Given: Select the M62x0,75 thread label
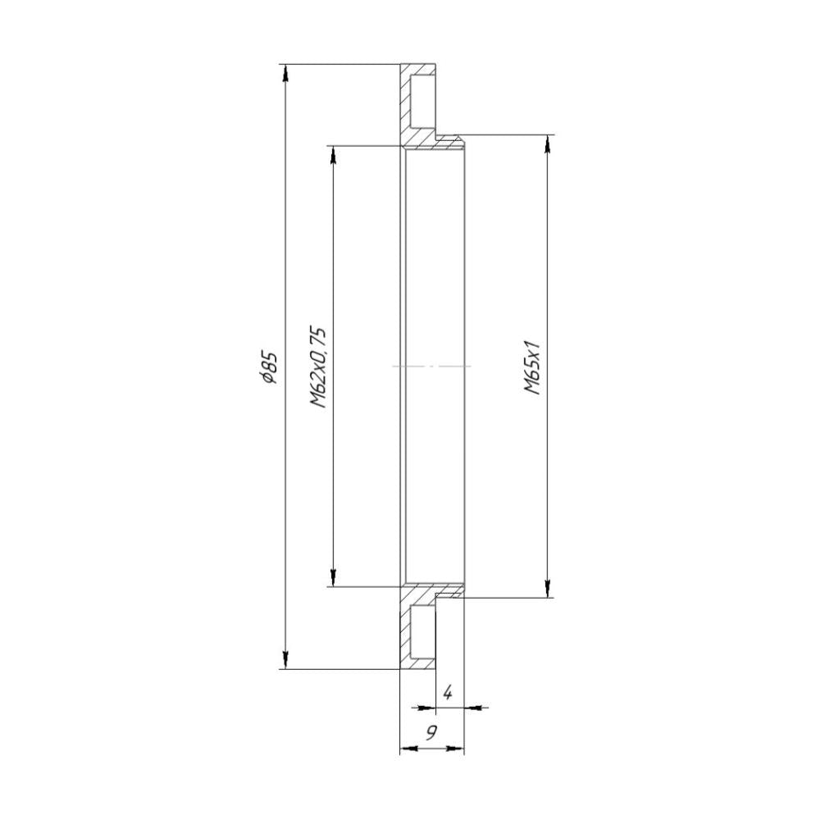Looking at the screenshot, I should [x=319, y=367].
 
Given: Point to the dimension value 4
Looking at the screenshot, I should [x=447, y=693].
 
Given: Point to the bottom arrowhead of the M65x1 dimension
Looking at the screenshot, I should [x=547, y=590].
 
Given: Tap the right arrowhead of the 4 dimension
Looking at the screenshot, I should [x=472, y=706].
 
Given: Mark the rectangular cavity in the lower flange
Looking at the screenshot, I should [x=421, y=631].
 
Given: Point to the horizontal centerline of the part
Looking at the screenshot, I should [x=431, y=366].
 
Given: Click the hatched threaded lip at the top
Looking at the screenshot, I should [x=449, y=143].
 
